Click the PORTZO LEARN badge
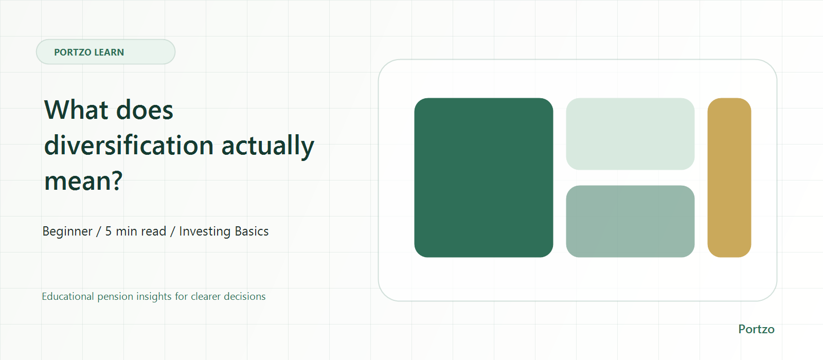[105, 52]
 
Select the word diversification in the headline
[129, 145]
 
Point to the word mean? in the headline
[83, 181]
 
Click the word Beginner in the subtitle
[67, 231]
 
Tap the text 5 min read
[136, 231]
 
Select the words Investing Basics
[224, 231]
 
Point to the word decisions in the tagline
[245, 296]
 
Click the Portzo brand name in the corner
[756, 329]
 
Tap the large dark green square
[484, 177]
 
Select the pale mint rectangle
[630, 134]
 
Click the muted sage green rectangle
[630, 221]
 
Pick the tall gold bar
[729, 177]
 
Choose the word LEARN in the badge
[109, 52]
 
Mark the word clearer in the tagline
[206, 296]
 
